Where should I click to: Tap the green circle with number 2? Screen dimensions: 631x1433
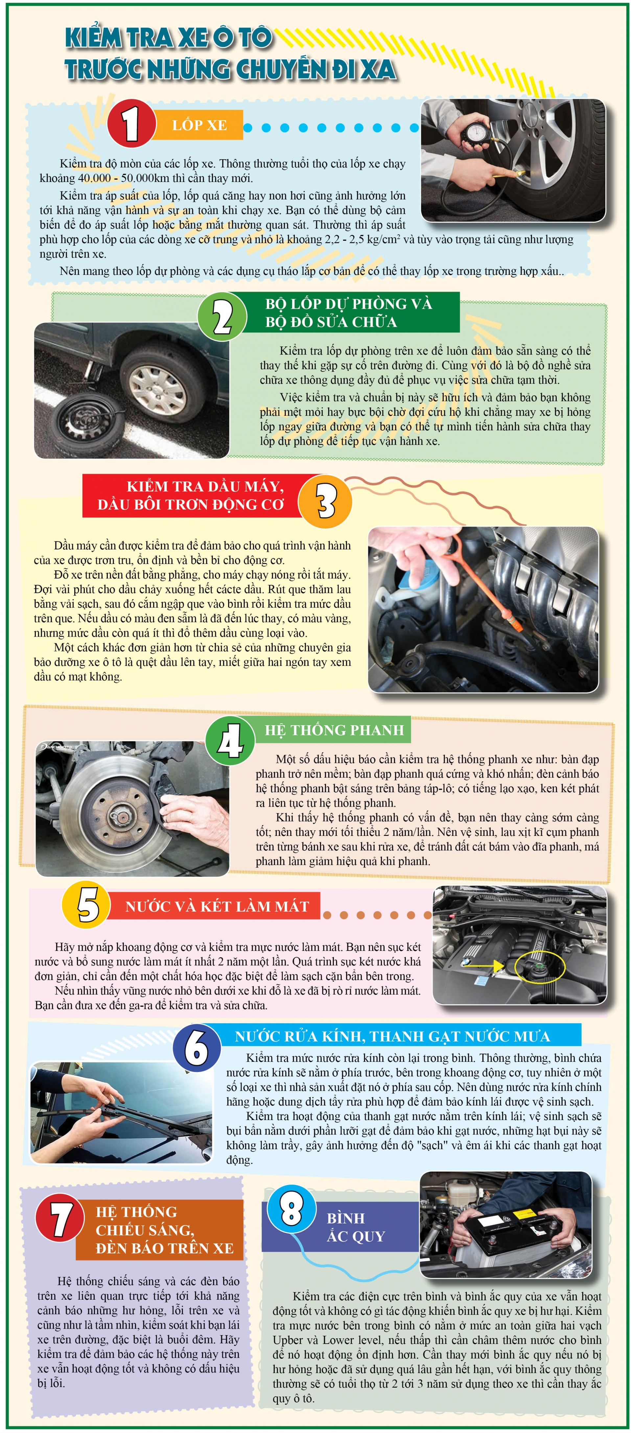coord(222,316)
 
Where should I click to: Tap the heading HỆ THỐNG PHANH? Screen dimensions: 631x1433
coord(334,730)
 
